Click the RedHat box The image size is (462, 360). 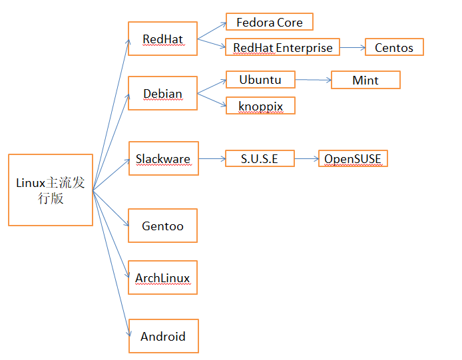point(162,39)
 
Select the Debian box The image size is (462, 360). point(162,93)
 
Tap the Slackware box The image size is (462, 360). point(163,158)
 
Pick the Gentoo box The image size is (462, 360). point(162,226)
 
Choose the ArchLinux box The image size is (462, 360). point(162,278)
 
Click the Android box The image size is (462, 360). point(162,336)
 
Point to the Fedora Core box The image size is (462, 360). point(269,22)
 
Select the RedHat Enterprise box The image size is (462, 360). point(283,47)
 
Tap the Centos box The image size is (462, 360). point(394,47)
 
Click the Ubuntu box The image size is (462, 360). point(260,80)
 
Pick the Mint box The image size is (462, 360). point(365,80)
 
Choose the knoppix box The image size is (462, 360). point(260,106)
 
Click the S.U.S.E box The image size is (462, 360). point(260,158)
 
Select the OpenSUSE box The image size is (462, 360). point(353,158)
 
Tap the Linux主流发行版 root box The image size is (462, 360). point(50,190)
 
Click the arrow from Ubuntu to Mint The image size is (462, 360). point(313,80)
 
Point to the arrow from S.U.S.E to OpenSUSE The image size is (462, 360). point(306,158)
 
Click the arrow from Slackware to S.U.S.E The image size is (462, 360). point(212,158)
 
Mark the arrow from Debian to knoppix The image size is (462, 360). point(212,100)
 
